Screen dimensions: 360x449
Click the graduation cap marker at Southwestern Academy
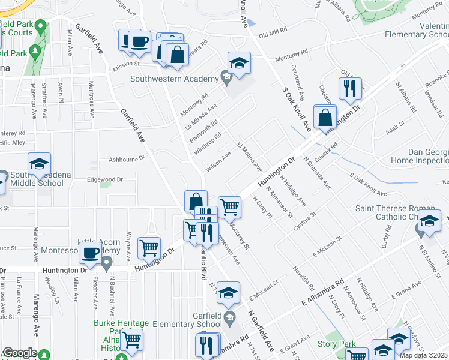tap(238, 64)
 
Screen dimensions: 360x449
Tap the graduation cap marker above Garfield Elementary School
tap(228, 293)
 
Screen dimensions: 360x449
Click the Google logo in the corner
tap(20, 352)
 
